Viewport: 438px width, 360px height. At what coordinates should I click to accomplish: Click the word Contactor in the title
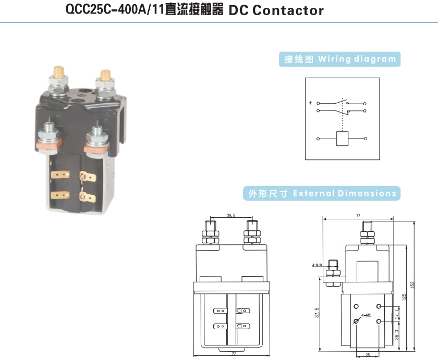click(x=288, y=10)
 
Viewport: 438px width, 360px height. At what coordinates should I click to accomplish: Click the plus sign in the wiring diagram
click(x=310, y=103)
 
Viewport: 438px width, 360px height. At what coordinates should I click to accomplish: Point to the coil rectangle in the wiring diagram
click(x=342, y=139)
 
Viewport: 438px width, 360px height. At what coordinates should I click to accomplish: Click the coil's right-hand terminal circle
click(x=365, y=139)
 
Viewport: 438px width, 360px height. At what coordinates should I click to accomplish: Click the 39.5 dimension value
click(x=231, y=215)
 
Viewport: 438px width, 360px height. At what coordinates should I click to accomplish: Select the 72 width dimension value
click(x=234, y=354)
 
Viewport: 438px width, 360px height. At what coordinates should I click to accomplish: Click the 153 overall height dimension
click(x=412, y=285)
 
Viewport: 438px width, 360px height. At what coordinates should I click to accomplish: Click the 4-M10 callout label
click(x=317, y=265)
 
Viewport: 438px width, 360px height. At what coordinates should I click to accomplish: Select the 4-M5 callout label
click(x=365, y=316)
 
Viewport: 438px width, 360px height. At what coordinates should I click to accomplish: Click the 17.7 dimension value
click(x=397, y=314)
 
